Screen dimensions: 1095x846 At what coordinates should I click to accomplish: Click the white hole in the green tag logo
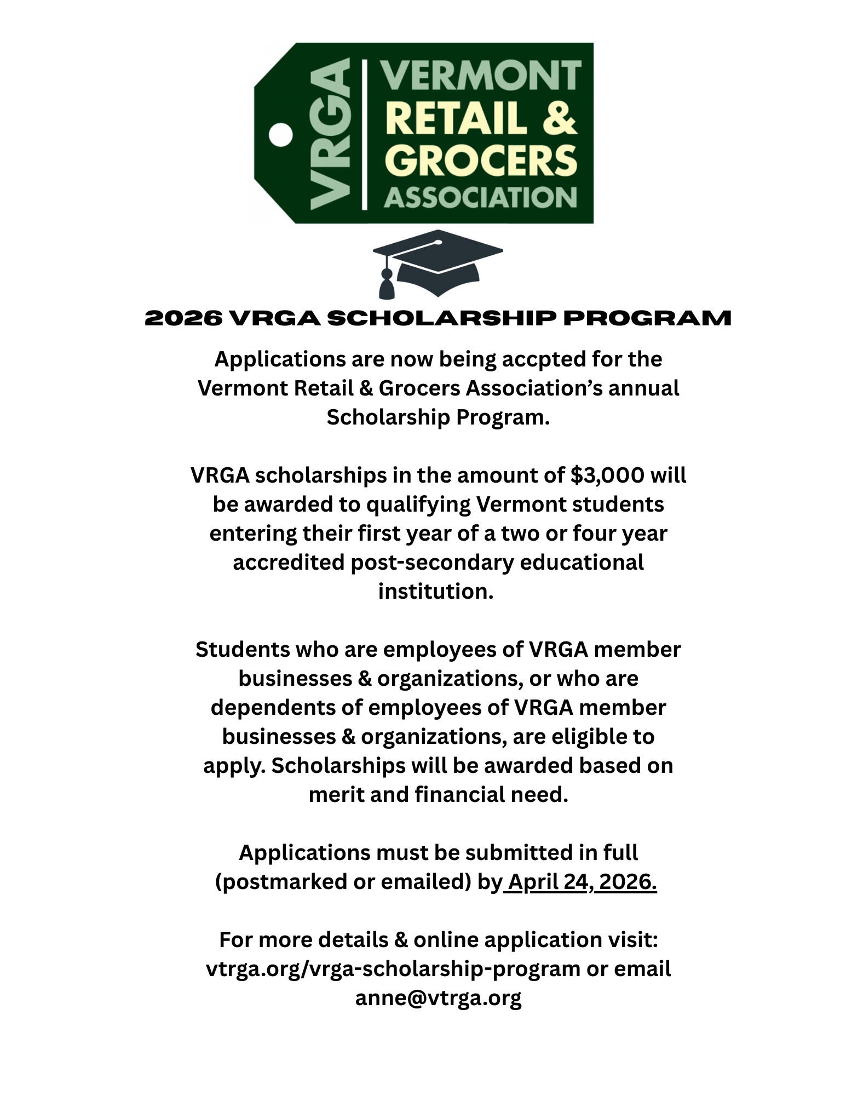click(x=281, y=135)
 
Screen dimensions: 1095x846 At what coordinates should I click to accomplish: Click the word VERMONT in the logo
click(x=481, y=76)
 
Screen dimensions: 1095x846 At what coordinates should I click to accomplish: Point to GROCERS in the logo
click(x=481, y=160)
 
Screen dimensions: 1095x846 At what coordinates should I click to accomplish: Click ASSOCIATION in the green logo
click(x=481, y=198)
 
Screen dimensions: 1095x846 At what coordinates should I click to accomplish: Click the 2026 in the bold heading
click(x=183, y=318)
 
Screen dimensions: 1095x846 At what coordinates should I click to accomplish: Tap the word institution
click(x=435, y=592)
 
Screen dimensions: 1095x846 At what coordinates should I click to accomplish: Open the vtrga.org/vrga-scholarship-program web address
click(x=393, y=970)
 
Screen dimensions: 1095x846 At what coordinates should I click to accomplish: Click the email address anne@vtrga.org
click(x=438, y=998)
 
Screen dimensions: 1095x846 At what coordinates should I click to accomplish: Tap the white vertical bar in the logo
click(x=365, y=135)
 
